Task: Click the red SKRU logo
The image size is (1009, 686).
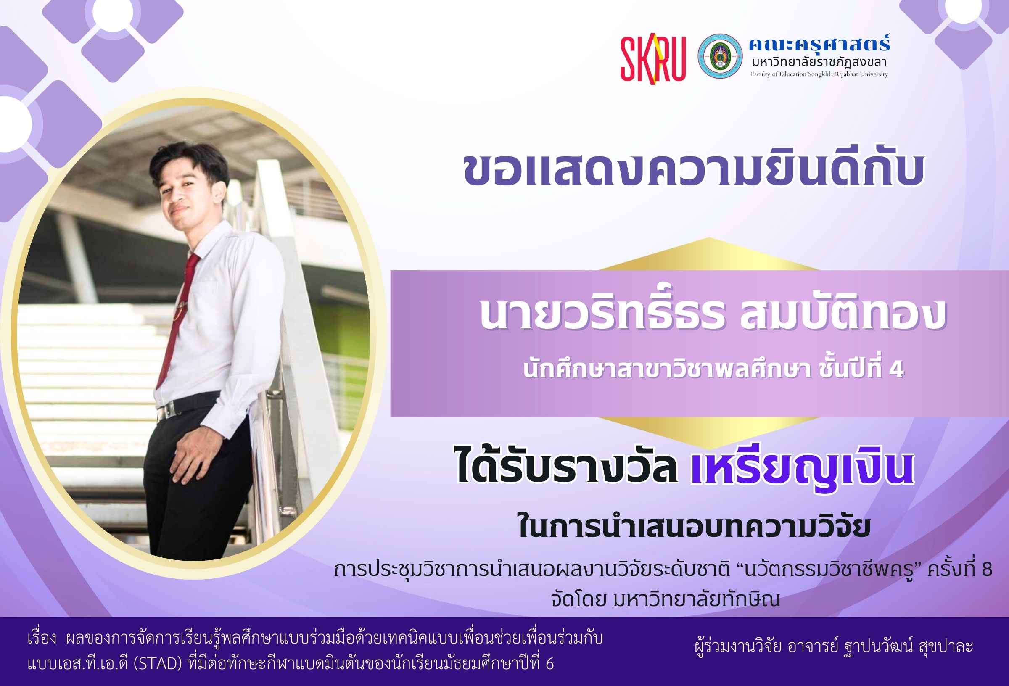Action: [652, 60]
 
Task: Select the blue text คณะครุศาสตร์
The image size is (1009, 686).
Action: [819, 43]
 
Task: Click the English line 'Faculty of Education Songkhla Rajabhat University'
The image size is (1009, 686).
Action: [819, 74]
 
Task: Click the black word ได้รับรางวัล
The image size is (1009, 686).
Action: [567, 465]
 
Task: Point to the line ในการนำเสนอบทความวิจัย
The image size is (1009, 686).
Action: [694, 526]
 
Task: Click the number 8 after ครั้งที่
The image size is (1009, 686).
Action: [986, 569]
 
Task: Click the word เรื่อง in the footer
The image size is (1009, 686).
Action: [42, 639]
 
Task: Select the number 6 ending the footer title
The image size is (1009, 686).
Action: [549, 664]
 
